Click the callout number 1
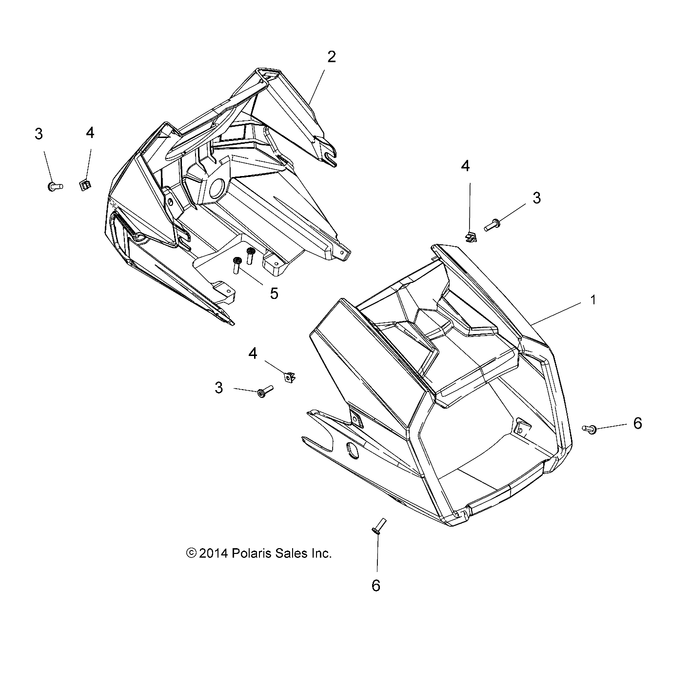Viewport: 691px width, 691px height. [593, 300]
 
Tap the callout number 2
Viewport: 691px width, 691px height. [332, 57]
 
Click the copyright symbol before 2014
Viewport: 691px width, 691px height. [192, 553]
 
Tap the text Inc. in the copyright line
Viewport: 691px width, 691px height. [321, 553]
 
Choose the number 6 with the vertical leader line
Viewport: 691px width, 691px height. [376, 585]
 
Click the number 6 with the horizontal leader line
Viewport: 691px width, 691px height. [637, 423]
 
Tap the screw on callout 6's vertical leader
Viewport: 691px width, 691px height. [378, 527]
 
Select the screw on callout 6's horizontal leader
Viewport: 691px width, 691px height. [590, 429]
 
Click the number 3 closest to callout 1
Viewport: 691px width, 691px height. [523, 198]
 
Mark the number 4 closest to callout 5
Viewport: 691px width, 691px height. [253, 353]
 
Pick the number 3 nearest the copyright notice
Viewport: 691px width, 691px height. [219, 388]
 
